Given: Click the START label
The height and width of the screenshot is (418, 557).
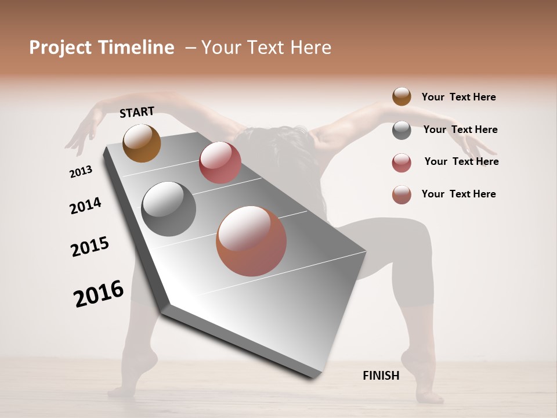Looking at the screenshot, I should [x=137, y=112].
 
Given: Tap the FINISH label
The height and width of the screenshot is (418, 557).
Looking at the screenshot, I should [x=381, y=376].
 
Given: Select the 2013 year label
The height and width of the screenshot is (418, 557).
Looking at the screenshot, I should [x=81, y=171].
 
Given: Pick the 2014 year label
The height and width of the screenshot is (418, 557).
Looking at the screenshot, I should [x=85, y=206].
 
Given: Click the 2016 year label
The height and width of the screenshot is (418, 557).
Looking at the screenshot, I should [x=99, y=293].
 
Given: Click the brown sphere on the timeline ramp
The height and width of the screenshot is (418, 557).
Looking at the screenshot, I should [x=142, y=143].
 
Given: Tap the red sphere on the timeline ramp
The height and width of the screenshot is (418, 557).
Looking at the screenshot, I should [x=220, y=163].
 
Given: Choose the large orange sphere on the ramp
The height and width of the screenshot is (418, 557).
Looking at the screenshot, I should [x=251, y=241].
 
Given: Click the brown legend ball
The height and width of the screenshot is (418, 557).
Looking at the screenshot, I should [x=402, y=97].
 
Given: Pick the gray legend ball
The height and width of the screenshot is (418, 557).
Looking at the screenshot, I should [x=402, y=130].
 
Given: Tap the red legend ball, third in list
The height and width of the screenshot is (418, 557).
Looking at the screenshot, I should [x=402, y=163].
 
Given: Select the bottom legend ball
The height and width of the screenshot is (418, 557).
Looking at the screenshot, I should [x=402, y=194].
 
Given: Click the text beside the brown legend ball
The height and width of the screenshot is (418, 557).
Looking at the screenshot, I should [x=458, y=97].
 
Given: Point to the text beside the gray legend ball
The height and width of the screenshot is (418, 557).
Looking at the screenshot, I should [x=460, y=129].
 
